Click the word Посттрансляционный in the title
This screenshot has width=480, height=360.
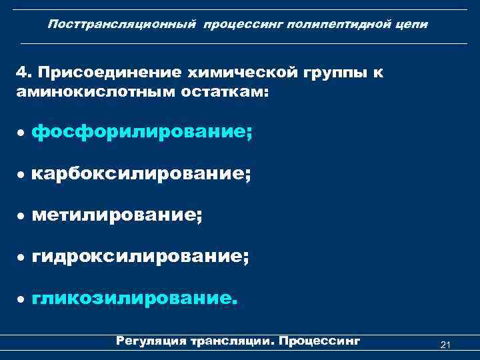[122, 24]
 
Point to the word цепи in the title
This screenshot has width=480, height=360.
[413, 24]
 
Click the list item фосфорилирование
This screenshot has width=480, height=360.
[142, 133]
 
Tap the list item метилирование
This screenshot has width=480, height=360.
[116, 215]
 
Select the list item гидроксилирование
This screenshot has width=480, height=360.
[140, 256]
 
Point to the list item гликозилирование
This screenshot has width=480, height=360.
[133, 297]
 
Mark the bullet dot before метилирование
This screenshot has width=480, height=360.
[21, 217]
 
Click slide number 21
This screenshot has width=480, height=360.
[446, 344]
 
